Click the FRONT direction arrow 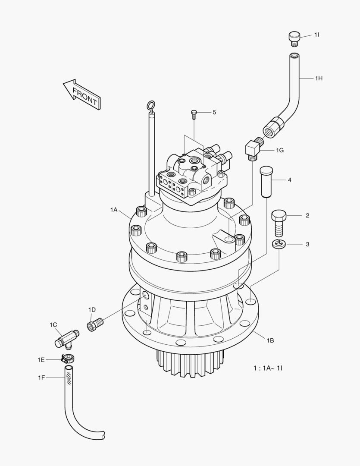pyautogui.click(x=81, y=94)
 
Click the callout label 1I pyautogui.click(x=316, y=35)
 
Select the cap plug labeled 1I pyautogui.click(x=294, y=38)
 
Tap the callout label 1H pyautogui.click(x=318, y=78)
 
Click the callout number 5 pyautogui.click(x=214, y=112)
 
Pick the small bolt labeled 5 pyautogui.click(x=194, y=114)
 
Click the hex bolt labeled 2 pyautogui.click(x=279, y=221)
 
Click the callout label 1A pyautogui.click(x=113, y=209)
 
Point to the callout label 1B pyautogui.click(x=270, y=340)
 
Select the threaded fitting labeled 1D pyautogui.click(x=96, y=323)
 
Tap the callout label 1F pyautogui.click(x=41, y=378)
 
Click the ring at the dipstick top pyautogui.click(x=151, y=106)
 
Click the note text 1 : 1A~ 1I pyautogui.click(x=270, y=368)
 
